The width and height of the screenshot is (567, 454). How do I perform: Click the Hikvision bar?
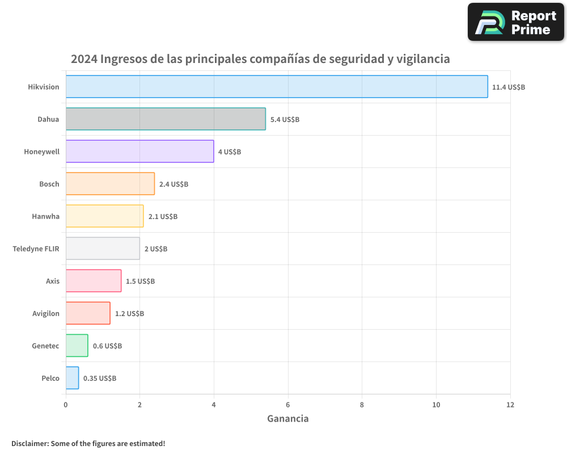[277, 87]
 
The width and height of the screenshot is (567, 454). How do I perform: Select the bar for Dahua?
[166, 119]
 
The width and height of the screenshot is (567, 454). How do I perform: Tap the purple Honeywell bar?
[139, 152]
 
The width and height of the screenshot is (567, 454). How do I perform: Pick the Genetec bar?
[77, 346]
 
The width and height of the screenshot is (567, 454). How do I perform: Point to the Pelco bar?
[72, 378]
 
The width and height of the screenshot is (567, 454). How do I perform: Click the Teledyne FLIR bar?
[103, 249]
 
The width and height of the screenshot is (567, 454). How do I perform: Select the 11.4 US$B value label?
[509, 87]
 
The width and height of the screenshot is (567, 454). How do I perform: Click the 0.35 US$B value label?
[100, 379]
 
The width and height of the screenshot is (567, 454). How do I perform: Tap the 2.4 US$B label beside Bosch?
[174, 184]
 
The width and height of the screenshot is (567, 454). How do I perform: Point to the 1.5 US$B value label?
[140, 281]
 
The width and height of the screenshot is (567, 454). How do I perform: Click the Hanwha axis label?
[46, 216]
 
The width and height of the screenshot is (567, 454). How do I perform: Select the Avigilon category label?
[45, 313]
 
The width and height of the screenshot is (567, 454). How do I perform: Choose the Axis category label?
[53, 281]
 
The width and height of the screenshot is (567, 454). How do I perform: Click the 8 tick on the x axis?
[362, 405]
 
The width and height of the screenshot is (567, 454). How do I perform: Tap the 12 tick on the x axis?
[510, 405]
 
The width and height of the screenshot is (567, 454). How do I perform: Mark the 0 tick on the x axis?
[66, 405]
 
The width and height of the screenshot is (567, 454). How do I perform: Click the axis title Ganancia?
[288, 419]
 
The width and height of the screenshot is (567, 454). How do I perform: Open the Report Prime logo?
[515, 22]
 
